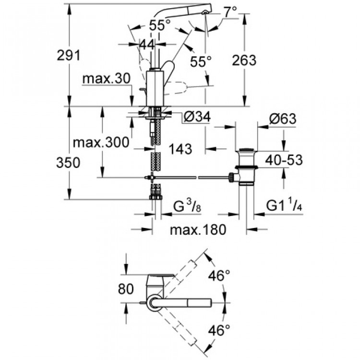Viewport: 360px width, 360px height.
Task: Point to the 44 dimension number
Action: [147, 44]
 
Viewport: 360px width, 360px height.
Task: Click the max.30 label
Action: [106, 78]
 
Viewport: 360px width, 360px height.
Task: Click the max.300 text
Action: [100, 143]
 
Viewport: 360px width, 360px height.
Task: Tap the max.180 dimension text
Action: [198, 230]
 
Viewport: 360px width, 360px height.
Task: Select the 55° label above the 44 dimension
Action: [159, 25]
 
